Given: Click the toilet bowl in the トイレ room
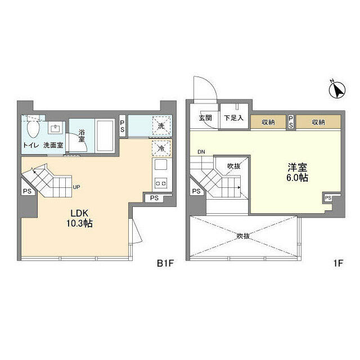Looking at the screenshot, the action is tap(33, 129).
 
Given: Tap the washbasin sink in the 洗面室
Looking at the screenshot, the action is tap(55, 128).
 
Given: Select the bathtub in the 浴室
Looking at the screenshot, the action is tap(105, 136).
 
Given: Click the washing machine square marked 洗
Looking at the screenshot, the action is tap(161, 126).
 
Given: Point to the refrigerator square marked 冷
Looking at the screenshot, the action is tap(161, 148).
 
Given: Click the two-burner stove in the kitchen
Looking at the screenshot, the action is tap(161, 183).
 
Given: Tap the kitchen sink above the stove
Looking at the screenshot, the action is tap(161, 165).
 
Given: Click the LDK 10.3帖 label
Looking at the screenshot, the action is tap(80, 218).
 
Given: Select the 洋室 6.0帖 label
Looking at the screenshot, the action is tap(298, 173).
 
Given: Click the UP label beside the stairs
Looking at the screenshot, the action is tap(76, 187).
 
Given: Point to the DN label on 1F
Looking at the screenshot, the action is tap(201, 152).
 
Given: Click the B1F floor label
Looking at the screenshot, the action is tap(165, 263).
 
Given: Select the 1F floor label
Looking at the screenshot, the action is tap(338, 263).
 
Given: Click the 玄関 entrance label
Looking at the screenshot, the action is tap(205, 118).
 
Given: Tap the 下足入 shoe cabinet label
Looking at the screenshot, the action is tap(234, 118).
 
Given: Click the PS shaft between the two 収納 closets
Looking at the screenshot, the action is tap(291, 121).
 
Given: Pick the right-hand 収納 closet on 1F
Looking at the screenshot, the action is tap(318, 122).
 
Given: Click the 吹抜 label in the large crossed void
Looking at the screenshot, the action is tap(244, 236).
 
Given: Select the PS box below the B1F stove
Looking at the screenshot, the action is tap(154, 198).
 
